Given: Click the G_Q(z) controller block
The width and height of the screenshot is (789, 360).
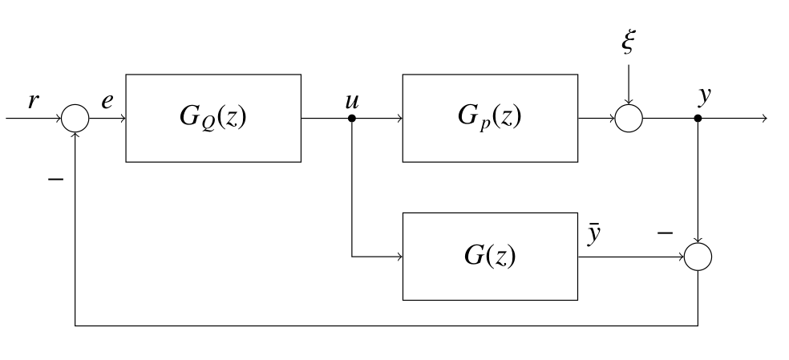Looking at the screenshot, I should pyautogui.click(x=212, y=118).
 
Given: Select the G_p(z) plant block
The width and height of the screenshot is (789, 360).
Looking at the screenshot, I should pyautogui.click(x=489, y=118).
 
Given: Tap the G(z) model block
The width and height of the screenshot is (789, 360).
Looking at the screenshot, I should pyautogui.click(x=489, y=257).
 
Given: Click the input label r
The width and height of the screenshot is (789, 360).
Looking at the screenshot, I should pyautogui.click(x=33, y=101).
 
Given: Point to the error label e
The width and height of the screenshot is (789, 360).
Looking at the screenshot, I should pyautogui.click(x=107, y=101).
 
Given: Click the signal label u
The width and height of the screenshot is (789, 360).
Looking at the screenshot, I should pyautogui.click(x=351, y=101).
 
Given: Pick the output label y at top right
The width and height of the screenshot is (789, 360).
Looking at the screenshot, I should pyautogui.click(x=704, y=97).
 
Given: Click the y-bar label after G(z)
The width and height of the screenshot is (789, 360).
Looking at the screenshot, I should pyautogui.click(x=594, y=237).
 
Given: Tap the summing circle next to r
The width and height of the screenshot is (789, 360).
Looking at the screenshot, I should pyautogui.click(x=75, y=118).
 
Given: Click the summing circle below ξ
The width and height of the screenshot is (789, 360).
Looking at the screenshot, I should pyautogui.click(x=629, y=118).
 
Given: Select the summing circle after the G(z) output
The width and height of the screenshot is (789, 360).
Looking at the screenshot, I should pyautogui.click(x=698, y=257).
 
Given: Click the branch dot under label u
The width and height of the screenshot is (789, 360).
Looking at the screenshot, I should pyautogui.click(x=352, y=118).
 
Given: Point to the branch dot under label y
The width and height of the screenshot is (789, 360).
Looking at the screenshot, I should pyautogui.click(x=698, y=118).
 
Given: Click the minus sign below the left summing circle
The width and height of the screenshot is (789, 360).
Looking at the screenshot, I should pyautogui.click(x=55, y=179).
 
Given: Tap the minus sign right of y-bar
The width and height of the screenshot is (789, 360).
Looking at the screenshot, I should pyautogui.click(x=665, y=233).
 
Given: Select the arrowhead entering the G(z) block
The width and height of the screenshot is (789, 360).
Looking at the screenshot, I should pyautogui.click(x=398, y=257).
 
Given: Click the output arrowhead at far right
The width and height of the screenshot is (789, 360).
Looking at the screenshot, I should pyautogui.click(x=763, y=118).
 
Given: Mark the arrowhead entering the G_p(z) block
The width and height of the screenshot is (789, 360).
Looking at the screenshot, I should pyautogui.click(x=398, y=118).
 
